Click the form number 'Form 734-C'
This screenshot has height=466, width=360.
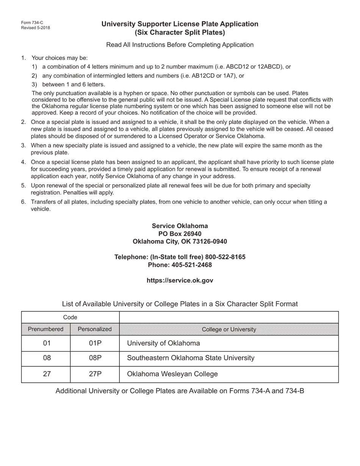[x=32, y=23]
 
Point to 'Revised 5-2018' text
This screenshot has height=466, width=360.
[x=36, y=28]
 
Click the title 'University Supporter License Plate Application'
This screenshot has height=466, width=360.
[x=180, y=24]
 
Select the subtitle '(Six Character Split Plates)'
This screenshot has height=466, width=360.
[x=180, y=33]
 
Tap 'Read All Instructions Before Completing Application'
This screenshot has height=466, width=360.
[x=180, y=45]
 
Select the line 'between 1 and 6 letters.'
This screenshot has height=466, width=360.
[x=74, y=84]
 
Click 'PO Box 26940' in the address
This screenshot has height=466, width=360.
[x=180, y=234]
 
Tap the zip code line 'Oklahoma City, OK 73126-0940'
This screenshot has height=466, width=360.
[x=180, y=241]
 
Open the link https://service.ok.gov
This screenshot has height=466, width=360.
[x=180, y=281]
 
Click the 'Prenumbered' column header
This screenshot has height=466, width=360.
[x=46, y=329]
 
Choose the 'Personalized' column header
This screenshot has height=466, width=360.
[x=95, y=329]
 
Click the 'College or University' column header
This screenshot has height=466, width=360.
[x=229, y=330]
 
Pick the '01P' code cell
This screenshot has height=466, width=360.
[x=95, y=344]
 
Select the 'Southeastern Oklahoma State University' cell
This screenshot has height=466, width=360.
[x=191, y=358]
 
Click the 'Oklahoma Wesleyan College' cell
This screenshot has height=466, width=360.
[x=172, y=374]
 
